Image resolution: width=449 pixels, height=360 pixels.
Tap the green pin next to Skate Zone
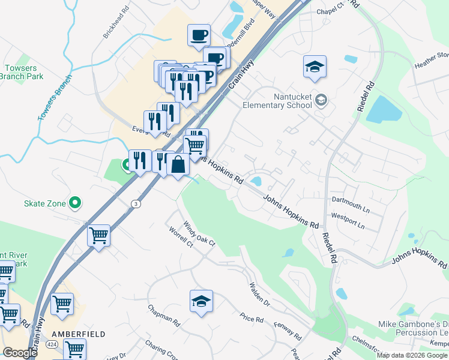click(x=75, y=203)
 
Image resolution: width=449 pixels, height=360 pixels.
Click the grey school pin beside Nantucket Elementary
click(x=321, y=100)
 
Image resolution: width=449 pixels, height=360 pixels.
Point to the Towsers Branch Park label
click(x=22, y=72)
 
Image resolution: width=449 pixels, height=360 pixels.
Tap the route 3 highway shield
click(x=136, y=204)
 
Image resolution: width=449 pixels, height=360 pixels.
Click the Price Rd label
click(x=252, y=318)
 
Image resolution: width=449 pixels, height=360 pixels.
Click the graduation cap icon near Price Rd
click(x=202, y=302)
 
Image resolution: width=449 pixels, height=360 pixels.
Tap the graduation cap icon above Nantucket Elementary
click(x=314, y=67)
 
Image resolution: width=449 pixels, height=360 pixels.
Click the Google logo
click(x=20, y=353)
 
